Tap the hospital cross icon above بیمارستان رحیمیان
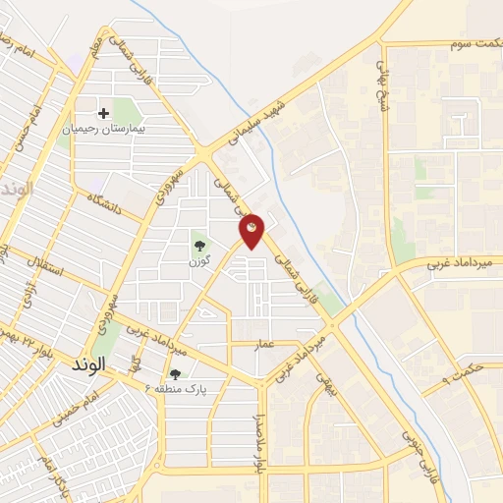click(103, 113)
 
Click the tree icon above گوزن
click(200, 247)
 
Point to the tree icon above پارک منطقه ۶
click(175, 373)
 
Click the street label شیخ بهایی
click(384, 72)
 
